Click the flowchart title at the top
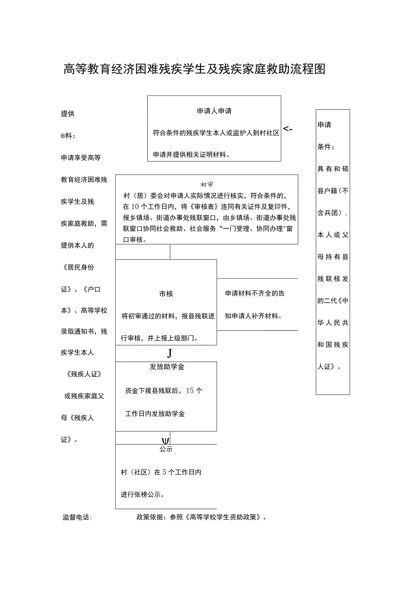[194, 69]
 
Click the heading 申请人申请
[214, 111]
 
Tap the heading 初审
[207, 185]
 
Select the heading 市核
[166, 294]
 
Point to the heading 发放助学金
[167, 367]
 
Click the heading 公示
[166, 449]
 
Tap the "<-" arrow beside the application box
[288, 129]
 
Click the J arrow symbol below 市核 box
[169, 353]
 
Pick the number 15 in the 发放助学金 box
[190, 390]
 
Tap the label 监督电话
[77, 517]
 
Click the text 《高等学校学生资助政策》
[224, 517]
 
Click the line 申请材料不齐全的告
[255, 294]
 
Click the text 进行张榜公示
[142, 495]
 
